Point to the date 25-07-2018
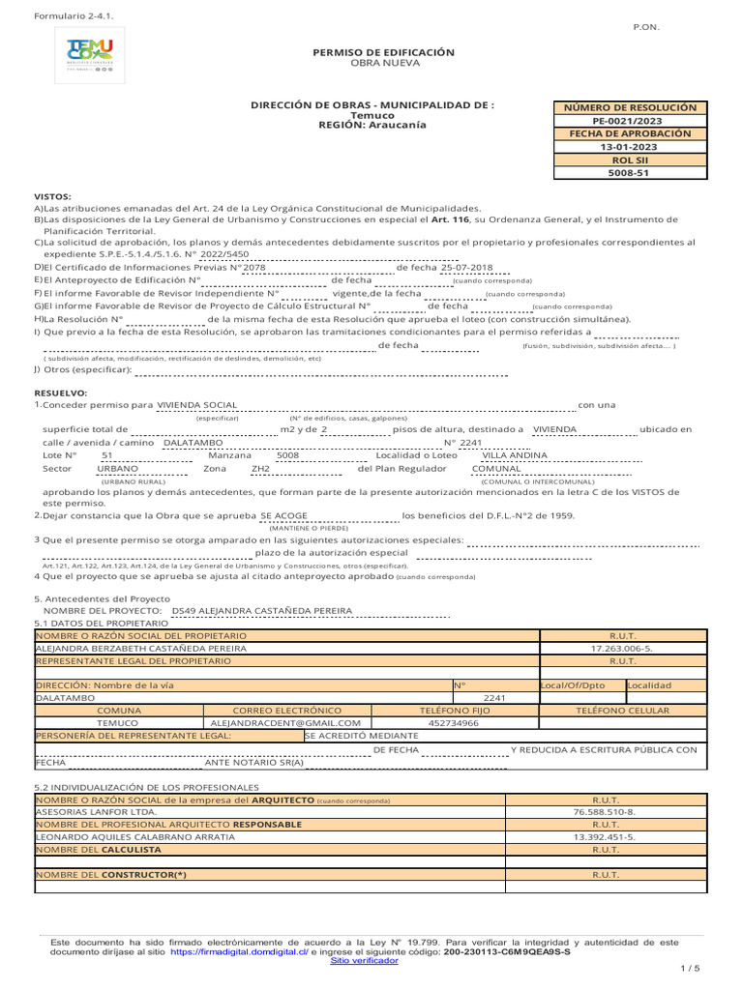click(x=466, y=267)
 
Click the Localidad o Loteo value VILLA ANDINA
click(x=514, y=454)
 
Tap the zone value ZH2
click(x=260, y=468)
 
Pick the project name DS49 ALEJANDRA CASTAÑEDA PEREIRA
click(x=261, y=611)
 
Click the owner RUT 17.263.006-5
click(x=621, y=648)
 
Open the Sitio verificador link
click(x=364, y=961)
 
